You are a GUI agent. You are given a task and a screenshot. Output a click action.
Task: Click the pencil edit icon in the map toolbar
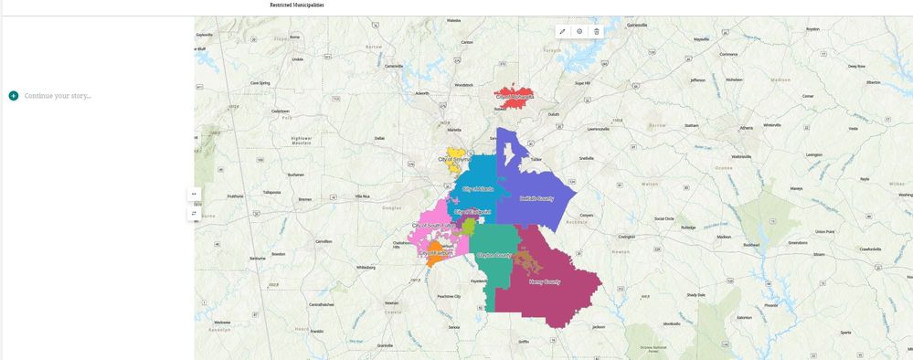point(562,31)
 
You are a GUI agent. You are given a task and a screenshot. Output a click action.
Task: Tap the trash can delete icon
point(597,31)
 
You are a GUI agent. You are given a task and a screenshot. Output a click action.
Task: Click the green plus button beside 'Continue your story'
point(14,96)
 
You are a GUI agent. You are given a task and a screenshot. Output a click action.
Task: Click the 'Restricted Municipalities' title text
point(296,5)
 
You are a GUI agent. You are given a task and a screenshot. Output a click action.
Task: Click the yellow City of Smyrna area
point(456,156)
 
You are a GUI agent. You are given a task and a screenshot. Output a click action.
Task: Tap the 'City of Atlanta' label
point(478,188)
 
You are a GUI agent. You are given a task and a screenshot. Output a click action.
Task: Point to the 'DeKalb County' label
point(536,198)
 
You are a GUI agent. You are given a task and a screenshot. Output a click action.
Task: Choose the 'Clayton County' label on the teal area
point(494,255)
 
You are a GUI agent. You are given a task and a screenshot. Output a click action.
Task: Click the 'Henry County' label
point(545,281)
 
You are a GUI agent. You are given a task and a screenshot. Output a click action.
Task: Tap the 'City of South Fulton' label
point(431,225)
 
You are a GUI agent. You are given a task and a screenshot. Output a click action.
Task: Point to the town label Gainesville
point(637,25)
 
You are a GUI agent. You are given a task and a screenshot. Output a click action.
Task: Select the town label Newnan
point(391,302)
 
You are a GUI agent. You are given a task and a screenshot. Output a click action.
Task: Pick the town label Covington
point(626,237)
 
